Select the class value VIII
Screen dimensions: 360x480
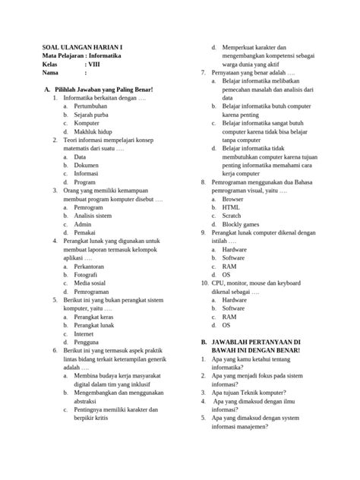pyautogui.click(x=93, y=64)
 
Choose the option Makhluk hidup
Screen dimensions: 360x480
pyautogui.click(x=94, y=131)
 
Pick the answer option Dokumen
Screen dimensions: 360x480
pyautogui.click(x=87, y=165)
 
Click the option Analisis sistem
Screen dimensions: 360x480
pyautogui.click(x=93, y=216)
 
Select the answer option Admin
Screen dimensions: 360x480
pyautogui.click(x=83, y=224)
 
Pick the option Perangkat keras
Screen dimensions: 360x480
pyautogui.click(x=94, y=317)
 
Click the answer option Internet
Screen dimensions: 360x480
pyautogui.click(x=85, y=333)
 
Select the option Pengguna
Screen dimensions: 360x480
pyautogui.click(x=87, y=342)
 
